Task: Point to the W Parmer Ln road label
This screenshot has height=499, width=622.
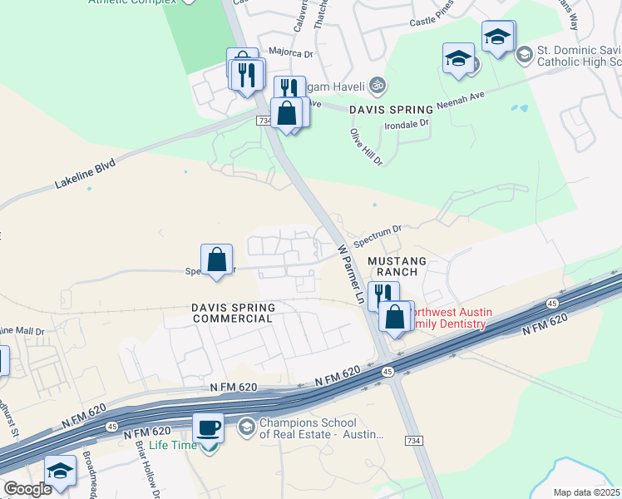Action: (x=351, y=273)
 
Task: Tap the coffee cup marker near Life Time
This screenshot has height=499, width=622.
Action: (x=208, y=429)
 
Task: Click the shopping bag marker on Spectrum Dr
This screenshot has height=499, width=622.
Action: (x=216, y=259)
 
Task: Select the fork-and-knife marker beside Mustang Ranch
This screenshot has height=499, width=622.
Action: (x=383, y=295)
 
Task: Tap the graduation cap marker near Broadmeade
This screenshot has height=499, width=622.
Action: (x=60, y=472)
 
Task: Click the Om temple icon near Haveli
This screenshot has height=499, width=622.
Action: (x=376, y=85)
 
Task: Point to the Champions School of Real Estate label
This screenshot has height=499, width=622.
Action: (x=319, y=429)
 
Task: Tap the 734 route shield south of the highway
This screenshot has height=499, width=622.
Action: (x=412, y=439)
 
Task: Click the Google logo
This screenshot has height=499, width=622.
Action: (x=27, y=489)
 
